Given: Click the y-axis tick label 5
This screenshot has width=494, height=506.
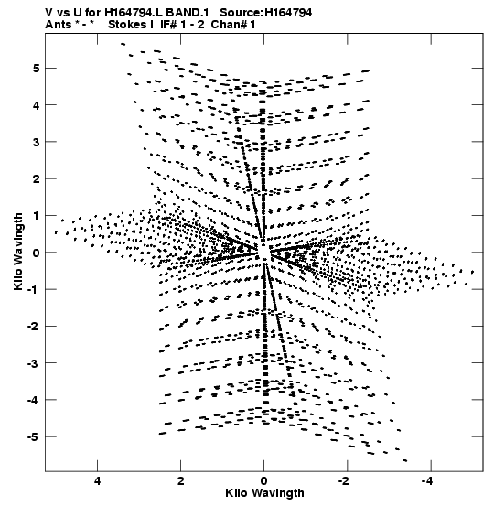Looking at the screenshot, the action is (36, 69).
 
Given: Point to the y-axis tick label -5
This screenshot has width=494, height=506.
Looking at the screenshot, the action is (33, 437).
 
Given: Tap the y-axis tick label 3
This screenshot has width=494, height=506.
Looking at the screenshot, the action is (36, 142).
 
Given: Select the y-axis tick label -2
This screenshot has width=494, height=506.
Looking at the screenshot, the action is (33, 327).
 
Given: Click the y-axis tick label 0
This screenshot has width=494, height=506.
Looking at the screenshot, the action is (36, 253).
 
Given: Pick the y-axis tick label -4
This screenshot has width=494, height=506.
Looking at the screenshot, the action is (33, 400).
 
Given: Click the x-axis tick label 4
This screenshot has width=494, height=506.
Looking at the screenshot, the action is (97, 481).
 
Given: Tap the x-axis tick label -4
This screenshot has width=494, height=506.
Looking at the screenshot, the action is (428, 481).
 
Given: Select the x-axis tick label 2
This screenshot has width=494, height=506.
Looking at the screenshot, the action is (181, 481).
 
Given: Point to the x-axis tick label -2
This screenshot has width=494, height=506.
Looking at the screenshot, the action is (345, 481).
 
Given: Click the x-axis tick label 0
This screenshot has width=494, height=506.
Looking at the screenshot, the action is (264, 481).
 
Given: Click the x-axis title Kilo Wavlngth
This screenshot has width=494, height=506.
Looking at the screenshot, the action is (264, 493).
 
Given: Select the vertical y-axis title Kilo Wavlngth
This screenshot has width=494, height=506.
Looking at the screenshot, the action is (18, 252).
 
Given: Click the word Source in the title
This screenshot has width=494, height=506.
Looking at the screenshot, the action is (240, 13).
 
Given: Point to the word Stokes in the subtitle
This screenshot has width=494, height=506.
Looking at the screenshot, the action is (128, 25).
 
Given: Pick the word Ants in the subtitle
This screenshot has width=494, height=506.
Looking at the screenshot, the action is (58, 25).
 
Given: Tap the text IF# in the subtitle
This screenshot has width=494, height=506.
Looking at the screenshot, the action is (168, 25).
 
